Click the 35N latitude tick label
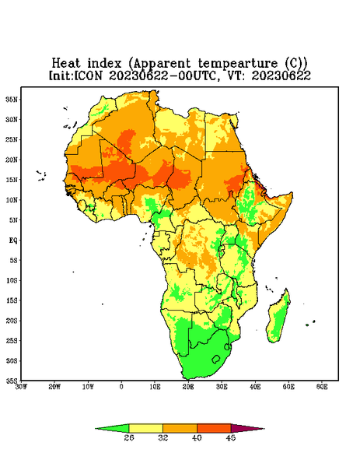click(12, 100)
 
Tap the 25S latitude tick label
click(12, 340)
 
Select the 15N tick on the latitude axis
click(12, 180)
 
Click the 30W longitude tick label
click(21, 387)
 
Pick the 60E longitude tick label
click(322, 387)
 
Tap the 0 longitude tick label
click(121, 387)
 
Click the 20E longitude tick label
click(188, 387)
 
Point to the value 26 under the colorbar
click(129, 437)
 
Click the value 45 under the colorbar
click(231, 437)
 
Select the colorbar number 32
click(163, 437)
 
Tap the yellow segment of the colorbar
click(145, 428)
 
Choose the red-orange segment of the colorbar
click(214, 428)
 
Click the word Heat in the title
click(66, 64)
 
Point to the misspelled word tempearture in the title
click(238, 64)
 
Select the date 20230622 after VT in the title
click(281, 75)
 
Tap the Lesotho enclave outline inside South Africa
click(215, 359)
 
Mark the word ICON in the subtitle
click(88, 75)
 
